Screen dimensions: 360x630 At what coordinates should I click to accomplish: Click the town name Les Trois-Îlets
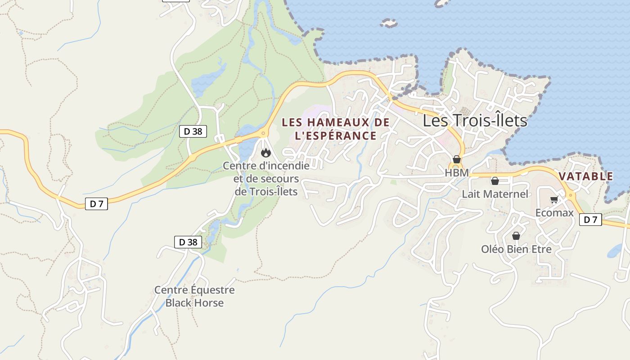pyautogui.click(x=475, y=121)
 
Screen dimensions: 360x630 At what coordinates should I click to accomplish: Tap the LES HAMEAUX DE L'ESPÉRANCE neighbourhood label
pyautogui.click(x=335, y=129)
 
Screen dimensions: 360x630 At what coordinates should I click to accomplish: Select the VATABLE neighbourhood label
pyautogui.click(x=586, y=176)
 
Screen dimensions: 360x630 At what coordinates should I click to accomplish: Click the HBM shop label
pyautogui.click(x=457, y=173)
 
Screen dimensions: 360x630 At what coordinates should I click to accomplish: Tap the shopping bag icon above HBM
pyautogui.click(x=457, y=159)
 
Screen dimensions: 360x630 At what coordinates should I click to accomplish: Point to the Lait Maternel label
pyautogui.click(x=495, y=194)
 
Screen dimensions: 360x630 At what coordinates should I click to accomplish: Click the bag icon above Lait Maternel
pyautogui.click(x=495, y=181)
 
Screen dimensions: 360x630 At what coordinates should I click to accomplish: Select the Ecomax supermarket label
pyautogui.click(x=554, y=213)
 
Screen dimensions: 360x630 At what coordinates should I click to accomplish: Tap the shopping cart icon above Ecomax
pyautogui.click(x=554, y=200)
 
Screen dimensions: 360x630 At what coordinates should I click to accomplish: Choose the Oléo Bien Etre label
pyautogui.click(x=516, y=249)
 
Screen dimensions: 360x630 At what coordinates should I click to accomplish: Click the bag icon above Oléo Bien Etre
pyautogui.click(x=516, y=236)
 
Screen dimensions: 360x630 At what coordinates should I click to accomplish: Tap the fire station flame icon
pyautogui.click(x=266, y=153)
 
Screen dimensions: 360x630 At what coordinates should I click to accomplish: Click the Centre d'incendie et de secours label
pyautogui.click(x=266, y=179)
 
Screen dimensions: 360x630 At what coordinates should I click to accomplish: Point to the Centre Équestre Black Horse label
pyautogui.click(x=194, y=296)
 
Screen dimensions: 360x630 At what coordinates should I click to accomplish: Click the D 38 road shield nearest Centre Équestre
pyautogui.click(x=188, y=242)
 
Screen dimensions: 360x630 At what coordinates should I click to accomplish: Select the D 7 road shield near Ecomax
pyautogui.click(x=591, y=220)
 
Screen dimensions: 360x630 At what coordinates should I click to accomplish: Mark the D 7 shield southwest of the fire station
pyautogui.click(x=96, y=204)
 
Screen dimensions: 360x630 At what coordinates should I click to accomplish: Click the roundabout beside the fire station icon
pyautogui.click(x=263, y=133)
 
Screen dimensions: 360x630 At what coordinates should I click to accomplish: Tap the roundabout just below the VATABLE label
pyautogui.click(x=571, y=195)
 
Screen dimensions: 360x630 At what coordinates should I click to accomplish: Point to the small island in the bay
pyautogui.click(x=389, y=22)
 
